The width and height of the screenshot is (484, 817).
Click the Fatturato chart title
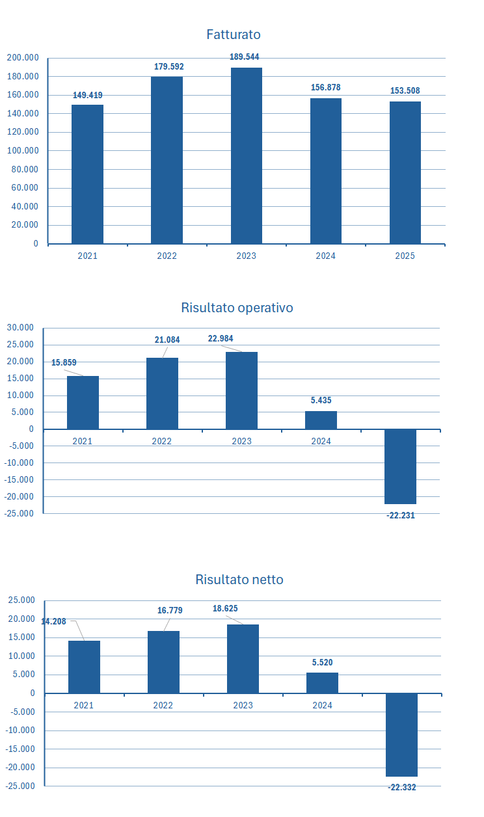pos(234,34)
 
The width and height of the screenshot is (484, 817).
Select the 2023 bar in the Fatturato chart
pos(247,155)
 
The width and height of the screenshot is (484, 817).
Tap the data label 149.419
pos(87,95)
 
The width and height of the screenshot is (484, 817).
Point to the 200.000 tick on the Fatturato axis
pos(23,58)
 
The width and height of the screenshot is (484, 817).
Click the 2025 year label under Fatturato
pos(405,256)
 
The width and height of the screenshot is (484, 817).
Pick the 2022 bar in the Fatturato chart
pos(167,160)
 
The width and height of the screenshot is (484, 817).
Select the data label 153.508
pos(405,90)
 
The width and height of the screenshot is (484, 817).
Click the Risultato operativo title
pos(237,308)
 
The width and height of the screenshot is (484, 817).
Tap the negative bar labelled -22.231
pos(400,466)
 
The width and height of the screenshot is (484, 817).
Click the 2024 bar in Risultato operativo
pos(321,420)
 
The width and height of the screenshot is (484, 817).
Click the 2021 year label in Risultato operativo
pos(83,441)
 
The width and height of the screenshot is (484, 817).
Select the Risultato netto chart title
pos(239,580)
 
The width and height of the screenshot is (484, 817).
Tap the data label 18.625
pos(225,609)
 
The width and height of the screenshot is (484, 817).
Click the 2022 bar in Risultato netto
pos(163,662)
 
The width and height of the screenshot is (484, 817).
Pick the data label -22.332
pos(402,787)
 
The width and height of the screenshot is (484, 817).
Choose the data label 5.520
pos(322,662)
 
